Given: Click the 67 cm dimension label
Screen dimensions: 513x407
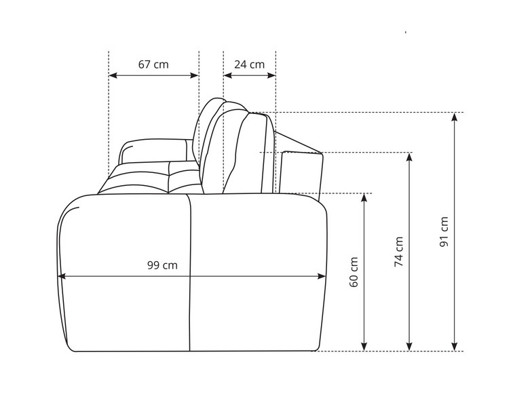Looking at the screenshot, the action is (153, 64).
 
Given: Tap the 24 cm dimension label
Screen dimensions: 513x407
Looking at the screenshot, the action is (249, 64).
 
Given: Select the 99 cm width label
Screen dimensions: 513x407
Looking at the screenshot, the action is (162, 265).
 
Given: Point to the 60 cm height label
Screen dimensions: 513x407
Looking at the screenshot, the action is (354, 272).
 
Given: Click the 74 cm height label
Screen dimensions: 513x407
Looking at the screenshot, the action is (398, 252).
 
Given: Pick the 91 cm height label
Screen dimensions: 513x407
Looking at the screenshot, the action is (444, 231).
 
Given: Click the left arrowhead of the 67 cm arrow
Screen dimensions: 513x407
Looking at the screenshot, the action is (113, 75).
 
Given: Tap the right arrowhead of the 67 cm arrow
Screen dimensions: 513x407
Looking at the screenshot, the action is (194, 75).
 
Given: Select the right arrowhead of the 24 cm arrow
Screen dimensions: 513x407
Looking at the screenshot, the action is (271, 75).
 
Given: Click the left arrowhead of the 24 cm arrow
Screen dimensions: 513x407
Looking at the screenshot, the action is (228, 75).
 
